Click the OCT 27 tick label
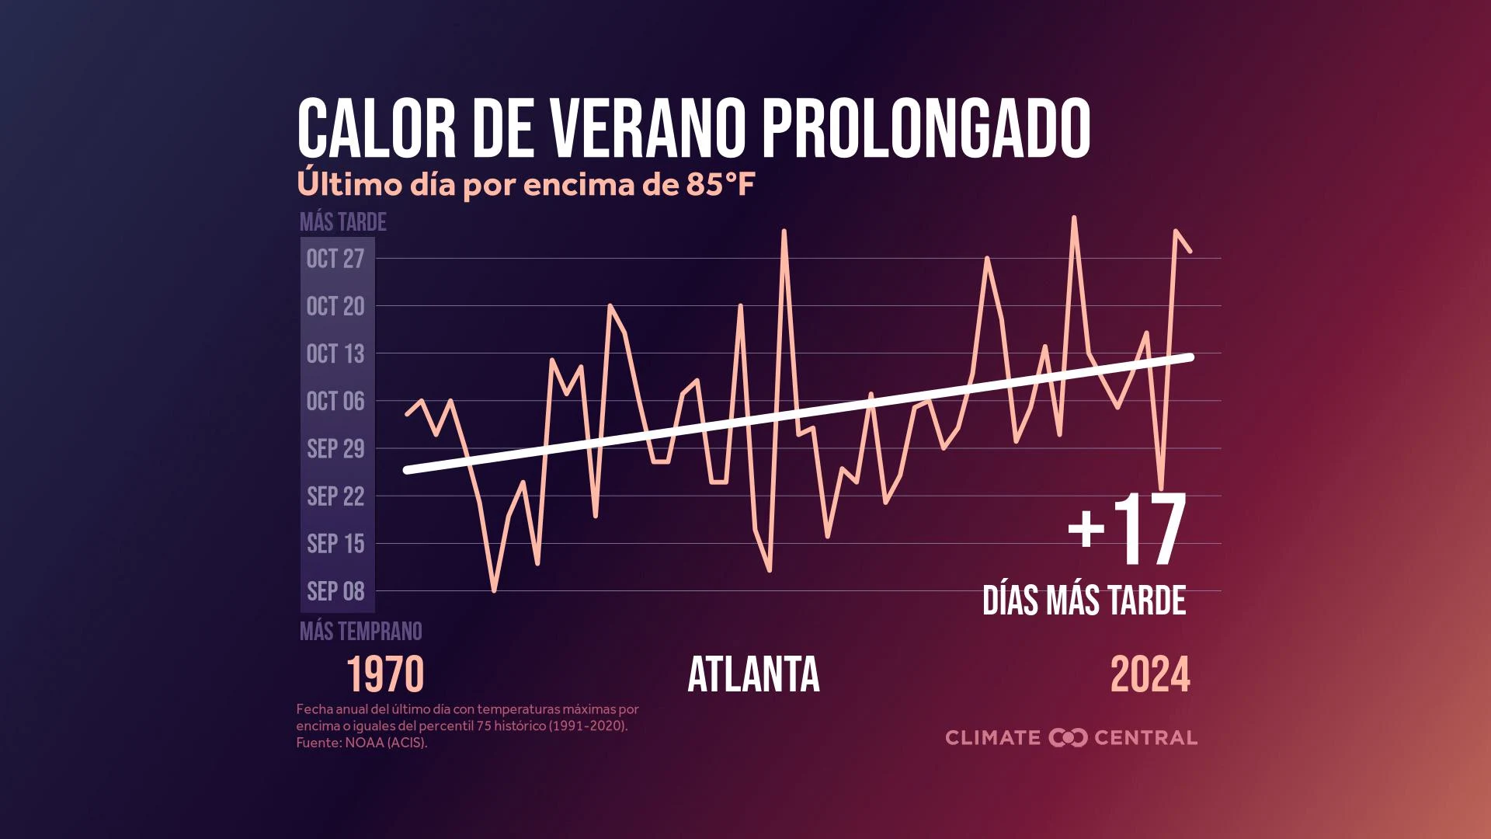335,259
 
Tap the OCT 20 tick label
335,306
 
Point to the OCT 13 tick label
335,353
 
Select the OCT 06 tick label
335,401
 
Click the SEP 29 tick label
335,448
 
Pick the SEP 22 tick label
335,496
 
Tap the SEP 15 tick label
335,543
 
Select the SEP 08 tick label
335,590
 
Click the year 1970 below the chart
385,674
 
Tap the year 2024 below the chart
1150,674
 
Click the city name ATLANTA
753,674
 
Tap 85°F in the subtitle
720,185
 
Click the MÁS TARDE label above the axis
343,222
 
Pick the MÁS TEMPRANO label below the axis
361,631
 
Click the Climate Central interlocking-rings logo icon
1068,737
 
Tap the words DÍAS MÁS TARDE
1084,601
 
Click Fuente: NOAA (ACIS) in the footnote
361,743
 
